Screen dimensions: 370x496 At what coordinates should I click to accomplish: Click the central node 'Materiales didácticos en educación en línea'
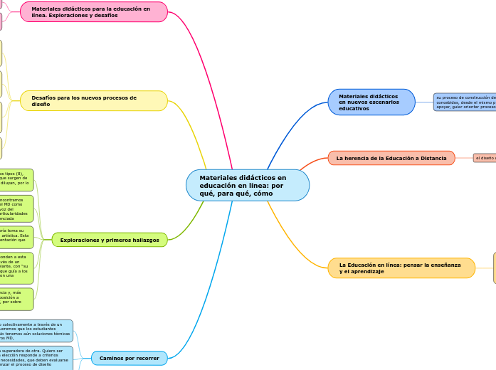[x=247, y=185]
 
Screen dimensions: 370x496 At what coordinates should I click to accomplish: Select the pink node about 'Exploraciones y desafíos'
[x=94, y=12]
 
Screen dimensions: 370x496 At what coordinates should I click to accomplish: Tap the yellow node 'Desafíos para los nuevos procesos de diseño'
[x=94, y=100]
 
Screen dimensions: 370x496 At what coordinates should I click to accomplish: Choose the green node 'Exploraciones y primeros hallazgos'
[x=110, y=240]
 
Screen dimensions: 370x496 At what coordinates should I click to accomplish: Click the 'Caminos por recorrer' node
[x=129, y=358]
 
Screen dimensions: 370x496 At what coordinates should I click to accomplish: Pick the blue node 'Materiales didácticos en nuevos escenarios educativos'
[x=371, y=102]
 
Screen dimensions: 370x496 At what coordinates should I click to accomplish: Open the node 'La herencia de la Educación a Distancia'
[x=391, y=158]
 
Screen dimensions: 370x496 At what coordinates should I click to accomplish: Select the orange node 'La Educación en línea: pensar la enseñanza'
[x=401, y=268]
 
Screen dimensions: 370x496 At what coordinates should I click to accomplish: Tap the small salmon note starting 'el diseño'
[x=485, y=158]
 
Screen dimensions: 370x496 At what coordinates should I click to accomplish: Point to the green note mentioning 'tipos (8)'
[x=16, y=179]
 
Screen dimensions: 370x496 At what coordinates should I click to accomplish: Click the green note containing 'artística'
[x=16, y=237]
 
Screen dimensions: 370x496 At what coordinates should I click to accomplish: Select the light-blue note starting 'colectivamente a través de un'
[x=36, y=330]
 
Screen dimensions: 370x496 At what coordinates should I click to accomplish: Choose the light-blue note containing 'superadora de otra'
[x=36, y=357]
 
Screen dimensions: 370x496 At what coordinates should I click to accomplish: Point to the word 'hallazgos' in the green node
[x=144, y=240]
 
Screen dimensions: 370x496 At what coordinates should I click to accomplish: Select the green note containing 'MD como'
[x=16, y=208]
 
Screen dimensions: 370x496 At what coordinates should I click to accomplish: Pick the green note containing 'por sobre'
[x=16, y=299]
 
